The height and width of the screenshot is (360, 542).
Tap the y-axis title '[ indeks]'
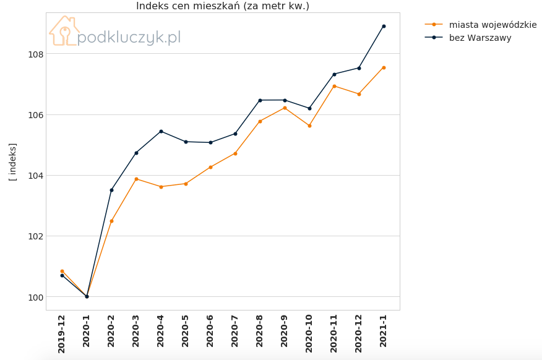coord(12,162)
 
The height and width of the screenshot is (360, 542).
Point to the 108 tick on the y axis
coord(36,54)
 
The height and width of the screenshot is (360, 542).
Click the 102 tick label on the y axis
coord(36,236)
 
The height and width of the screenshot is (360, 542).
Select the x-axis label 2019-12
coord(61,334)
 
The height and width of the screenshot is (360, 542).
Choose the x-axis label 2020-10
coord(309,333)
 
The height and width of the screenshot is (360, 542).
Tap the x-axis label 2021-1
coord(384,331)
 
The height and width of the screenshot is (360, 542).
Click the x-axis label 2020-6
coord(210,331)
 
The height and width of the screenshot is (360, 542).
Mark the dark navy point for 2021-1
coord(384,26)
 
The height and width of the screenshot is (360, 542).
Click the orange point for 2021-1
coord(384,67)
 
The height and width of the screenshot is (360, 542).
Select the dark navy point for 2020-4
coord(161,131)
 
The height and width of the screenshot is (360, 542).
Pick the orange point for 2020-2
coord(111,221)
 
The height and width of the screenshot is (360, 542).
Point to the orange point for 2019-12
coord(62,271)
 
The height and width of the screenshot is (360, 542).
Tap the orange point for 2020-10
coord(309,126)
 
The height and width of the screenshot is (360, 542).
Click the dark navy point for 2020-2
coord(111,190)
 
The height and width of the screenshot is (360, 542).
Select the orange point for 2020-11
coord(334,87)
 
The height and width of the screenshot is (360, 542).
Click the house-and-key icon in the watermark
coord(64,31)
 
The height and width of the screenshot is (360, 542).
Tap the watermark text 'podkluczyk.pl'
coord(129,37)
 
